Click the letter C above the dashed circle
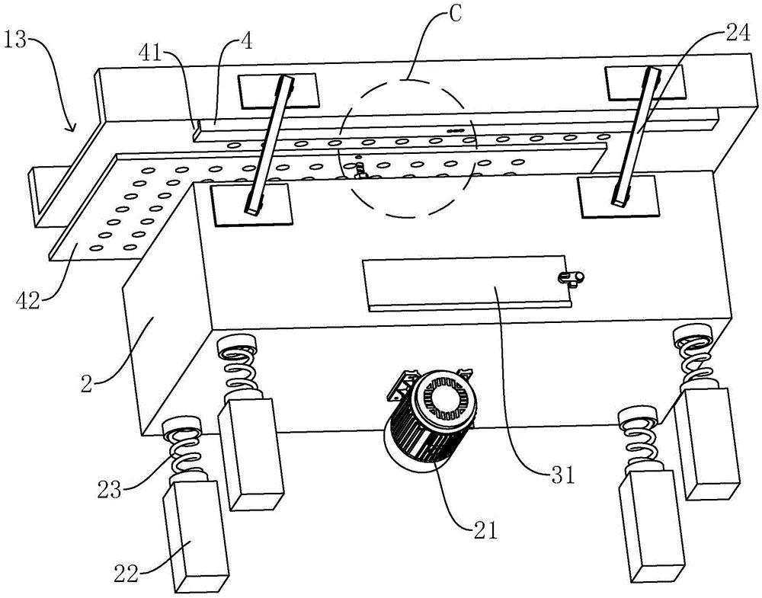point(454,14)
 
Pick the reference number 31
point(563,475)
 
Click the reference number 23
point(108,490)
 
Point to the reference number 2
point(87,384)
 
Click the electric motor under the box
point(429,416)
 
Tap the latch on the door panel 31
point(571,278)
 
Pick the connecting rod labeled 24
point(636,136)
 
